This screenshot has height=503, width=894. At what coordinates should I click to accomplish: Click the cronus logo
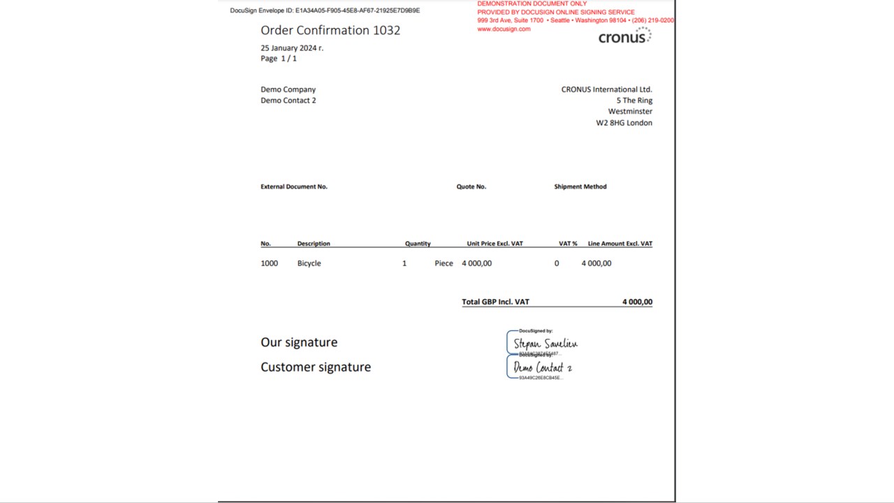click(624, 37)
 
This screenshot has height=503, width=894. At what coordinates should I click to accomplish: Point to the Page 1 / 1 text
click(279, 59)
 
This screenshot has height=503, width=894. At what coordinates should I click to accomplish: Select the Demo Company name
click(288, 89)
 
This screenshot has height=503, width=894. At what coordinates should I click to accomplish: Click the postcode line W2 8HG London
click(624, 123)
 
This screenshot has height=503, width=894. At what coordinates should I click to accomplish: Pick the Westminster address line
click(630, 112)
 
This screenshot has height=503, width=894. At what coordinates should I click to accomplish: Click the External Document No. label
click(293, 187)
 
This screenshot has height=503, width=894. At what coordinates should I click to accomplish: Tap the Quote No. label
click(471, 187)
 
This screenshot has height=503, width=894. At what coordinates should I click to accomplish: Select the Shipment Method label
click(580, 187)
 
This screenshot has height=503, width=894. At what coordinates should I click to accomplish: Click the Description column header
click(314, 244)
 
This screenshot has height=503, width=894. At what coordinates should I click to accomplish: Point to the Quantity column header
click(418, 244)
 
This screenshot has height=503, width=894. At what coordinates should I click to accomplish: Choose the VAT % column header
click(568, 244)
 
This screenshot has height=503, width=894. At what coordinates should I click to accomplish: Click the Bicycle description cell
click(309, 263)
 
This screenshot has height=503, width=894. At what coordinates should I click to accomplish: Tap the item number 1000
click(269, 263)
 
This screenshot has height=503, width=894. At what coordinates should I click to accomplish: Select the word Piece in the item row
click(444, 263)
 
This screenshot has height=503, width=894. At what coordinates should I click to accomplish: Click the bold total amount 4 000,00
click(637, 302)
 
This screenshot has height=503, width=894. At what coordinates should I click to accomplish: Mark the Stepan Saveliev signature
click(545, 344)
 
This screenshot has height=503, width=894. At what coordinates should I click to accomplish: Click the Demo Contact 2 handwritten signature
click(543, 367)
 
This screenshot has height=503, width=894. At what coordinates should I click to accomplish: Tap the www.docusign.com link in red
click(504, 29)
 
